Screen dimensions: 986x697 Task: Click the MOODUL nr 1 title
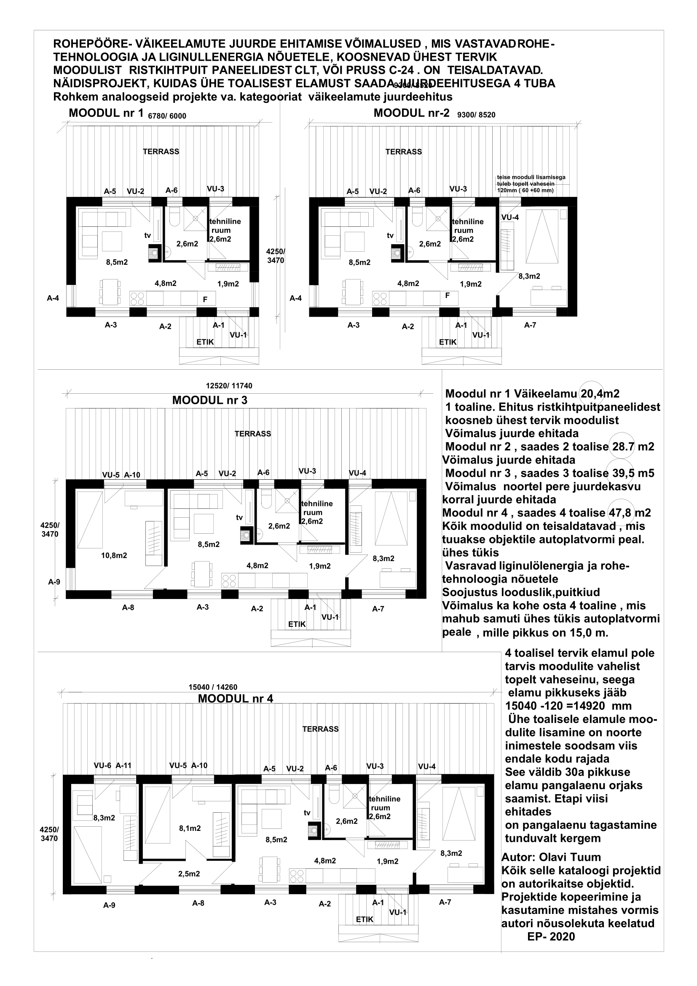coord(106,113)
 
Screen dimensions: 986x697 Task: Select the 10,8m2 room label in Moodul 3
coord(114,555)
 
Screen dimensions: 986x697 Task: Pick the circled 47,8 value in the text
coord(621,512)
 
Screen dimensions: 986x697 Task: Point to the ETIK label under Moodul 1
coord(205,342)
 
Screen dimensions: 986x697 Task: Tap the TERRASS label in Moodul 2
coord(403,152)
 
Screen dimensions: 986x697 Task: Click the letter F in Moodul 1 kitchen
coord(205,299)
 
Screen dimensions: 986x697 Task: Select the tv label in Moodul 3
coord(239,518)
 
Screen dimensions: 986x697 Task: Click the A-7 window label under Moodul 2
coord(530,325)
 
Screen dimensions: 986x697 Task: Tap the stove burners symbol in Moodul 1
coord(138,298)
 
